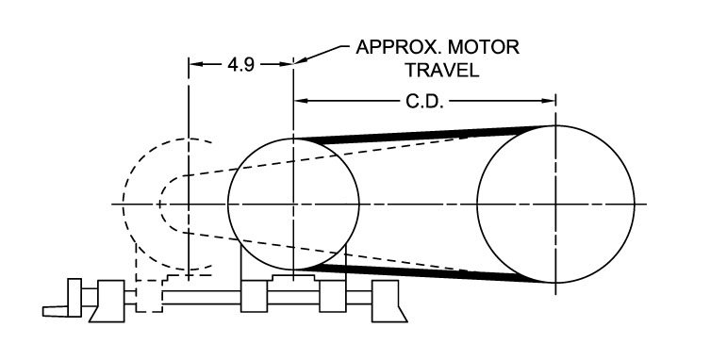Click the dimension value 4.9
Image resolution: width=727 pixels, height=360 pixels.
(x=241, y=65)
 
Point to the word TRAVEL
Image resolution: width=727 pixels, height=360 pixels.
(x=442, y=70)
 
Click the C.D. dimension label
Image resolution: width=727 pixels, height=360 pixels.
(x=424, y=102)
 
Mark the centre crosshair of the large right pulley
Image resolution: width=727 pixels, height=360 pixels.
(x=555, y=204)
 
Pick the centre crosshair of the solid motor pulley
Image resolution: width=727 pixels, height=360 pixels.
(x=293, y=204)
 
